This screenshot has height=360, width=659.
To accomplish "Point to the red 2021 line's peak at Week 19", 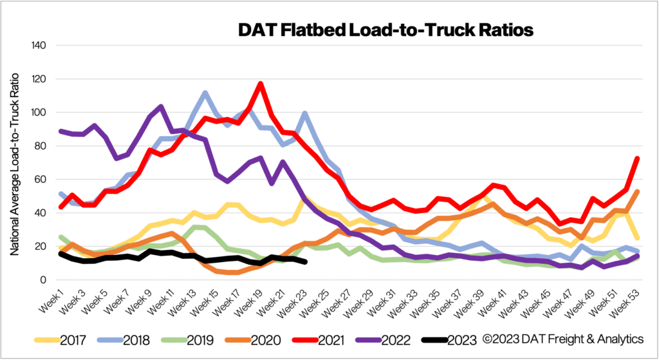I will coord(260,84).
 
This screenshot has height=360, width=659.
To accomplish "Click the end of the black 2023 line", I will coord(304,262).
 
